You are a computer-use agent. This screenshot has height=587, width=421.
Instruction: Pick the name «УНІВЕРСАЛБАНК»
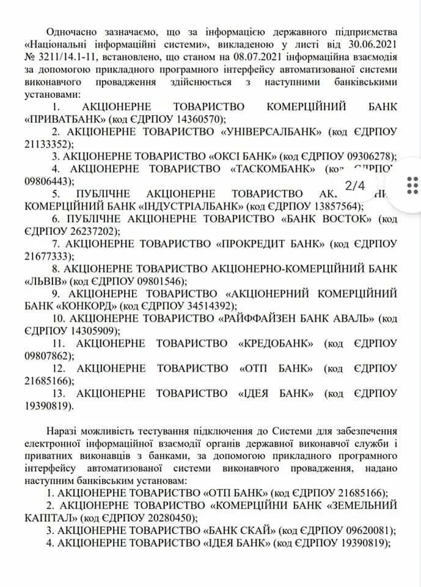click(x=274, y=131)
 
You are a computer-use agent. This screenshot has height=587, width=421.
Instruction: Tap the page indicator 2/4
click(x=355, y=184)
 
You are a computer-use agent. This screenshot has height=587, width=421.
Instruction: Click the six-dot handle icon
click(x=413, y=184)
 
